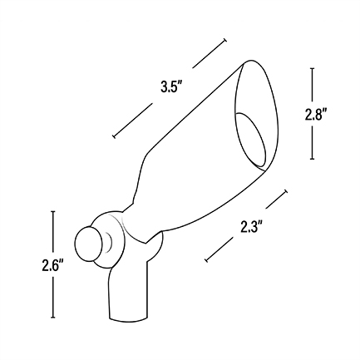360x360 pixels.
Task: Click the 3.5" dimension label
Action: (170, 87)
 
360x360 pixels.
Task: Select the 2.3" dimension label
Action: (251, 226)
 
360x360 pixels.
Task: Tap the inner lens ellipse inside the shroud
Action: (250, 141)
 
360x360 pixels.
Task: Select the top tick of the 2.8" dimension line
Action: (313, 68)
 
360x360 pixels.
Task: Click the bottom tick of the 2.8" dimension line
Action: (313, 159)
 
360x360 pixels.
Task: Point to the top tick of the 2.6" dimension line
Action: (53, 211)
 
